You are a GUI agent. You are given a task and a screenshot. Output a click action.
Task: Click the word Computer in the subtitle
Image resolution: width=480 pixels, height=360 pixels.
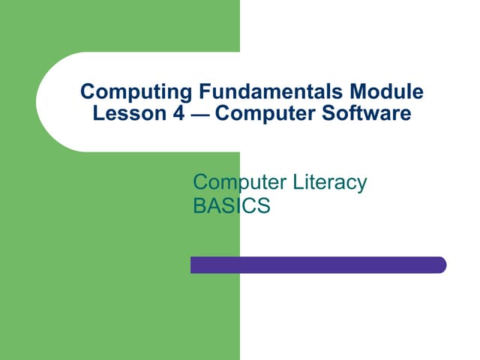pyautogui.click(x=233, y=181)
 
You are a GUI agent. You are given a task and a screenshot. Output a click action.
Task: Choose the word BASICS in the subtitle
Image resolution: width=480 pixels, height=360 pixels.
pyautogui.click(x=230, y=205)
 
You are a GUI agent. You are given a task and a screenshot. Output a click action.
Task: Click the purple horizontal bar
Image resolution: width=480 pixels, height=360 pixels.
pyautogui.click(x=318, y=265)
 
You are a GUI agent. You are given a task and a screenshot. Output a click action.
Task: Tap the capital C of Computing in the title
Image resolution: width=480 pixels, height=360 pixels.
pyautogui.click(x=87, y=93)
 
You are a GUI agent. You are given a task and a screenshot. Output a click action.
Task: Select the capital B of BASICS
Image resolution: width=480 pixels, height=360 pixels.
pyautogui.click(x=199, y=205)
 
